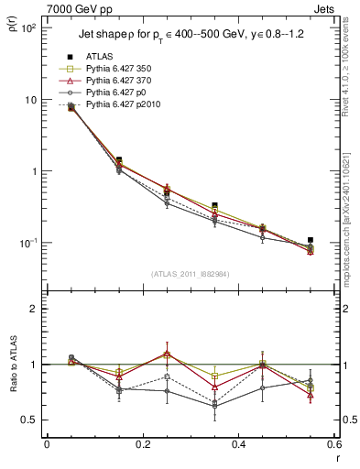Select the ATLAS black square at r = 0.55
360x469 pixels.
click(311, 240)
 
